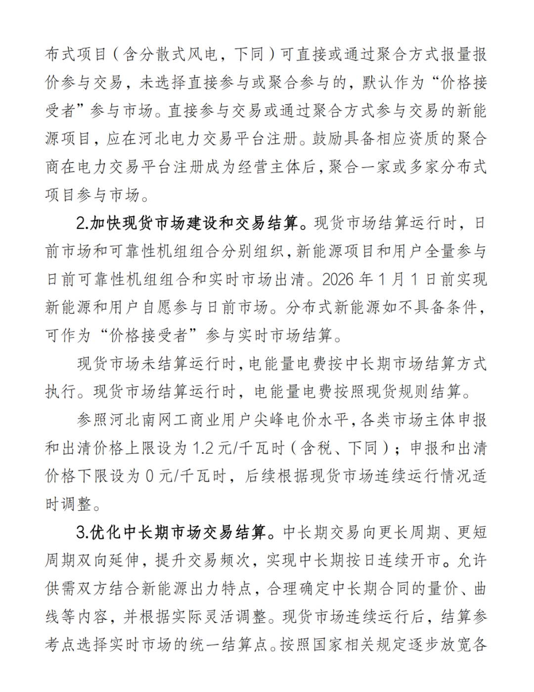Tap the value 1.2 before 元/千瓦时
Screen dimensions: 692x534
coord(203,448)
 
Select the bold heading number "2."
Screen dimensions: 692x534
coord(82,223)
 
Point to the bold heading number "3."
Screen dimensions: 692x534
coord(82,532)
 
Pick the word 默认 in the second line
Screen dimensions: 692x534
coord(378,82)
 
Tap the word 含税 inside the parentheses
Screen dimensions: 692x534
coord(317,448)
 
